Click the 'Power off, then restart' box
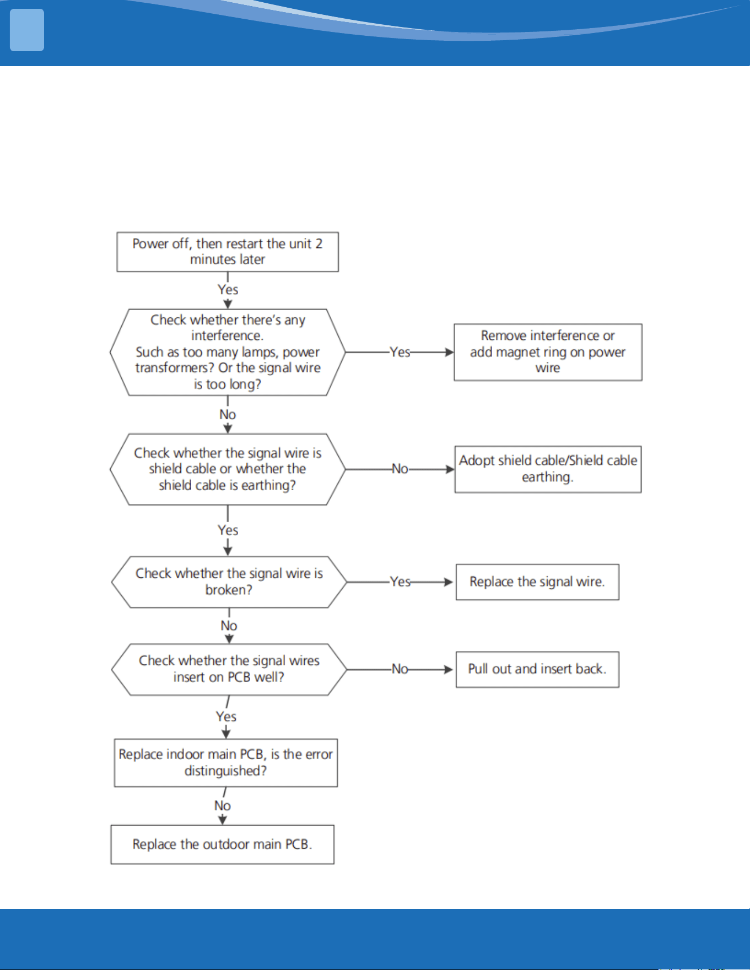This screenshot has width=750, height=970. [x=228, y=252]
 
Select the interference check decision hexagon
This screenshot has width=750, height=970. [x=228, y=352]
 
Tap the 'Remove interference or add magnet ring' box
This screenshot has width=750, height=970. [x=548, y=352]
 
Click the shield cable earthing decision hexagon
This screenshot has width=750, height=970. [x=228, y=469]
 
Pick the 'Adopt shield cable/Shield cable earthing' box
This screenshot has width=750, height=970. [x=548, y=469]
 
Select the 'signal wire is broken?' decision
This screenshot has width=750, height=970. [x=229, y=582]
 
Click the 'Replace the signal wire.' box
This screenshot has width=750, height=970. [x=537, y=582]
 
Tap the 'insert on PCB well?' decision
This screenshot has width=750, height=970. [x=229, y=669]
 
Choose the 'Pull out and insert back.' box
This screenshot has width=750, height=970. [x=537, y=669]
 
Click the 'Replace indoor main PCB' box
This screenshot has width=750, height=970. [x=226, y=763]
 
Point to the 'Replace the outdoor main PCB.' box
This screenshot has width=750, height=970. [x=223, y=844]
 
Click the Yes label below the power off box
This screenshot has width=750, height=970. [x=228, y=290]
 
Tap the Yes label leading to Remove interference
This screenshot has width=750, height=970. [x=400, y=352]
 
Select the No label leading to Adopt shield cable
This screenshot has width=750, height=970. [x=400, y=469]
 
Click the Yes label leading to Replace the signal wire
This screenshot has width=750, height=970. [x=400, y=582]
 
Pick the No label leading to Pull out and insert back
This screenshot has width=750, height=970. [x=400, y=669]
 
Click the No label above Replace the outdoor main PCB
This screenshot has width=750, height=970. [x=223, y=806]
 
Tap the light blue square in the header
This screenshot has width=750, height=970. [x=27, y=30]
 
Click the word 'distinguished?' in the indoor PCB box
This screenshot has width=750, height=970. [x=226, y=771]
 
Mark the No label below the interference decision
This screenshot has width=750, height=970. [x=228, y=414]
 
